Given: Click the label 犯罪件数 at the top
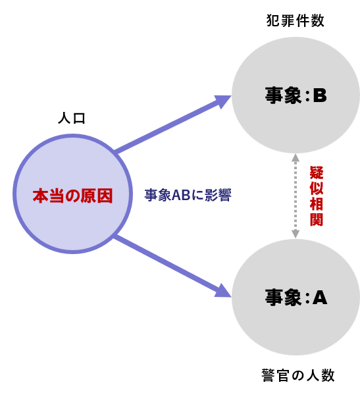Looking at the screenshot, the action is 295,20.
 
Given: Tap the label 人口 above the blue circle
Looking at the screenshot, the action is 72,118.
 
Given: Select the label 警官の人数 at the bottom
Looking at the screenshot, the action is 298,375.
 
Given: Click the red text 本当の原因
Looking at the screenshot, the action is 72,196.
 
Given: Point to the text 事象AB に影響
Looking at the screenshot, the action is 188,195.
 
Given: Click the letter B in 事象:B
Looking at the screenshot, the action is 320,95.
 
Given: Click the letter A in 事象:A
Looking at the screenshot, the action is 320,298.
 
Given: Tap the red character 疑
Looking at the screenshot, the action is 317,172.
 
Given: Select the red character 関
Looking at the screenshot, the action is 317,220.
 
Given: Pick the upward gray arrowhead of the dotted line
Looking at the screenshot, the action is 296,157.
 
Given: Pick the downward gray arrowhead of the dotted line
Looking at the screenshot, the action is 296,234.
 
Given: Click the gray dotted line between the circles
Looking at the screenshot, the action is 296,196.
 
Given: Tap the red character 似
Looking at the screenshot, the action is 317,188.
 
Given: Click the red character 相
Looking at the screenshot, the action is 317,204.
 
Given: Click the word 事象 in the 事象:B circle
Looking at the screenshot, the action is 283,95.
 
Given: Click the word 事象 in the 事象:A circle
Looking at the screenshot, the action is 283,298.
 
